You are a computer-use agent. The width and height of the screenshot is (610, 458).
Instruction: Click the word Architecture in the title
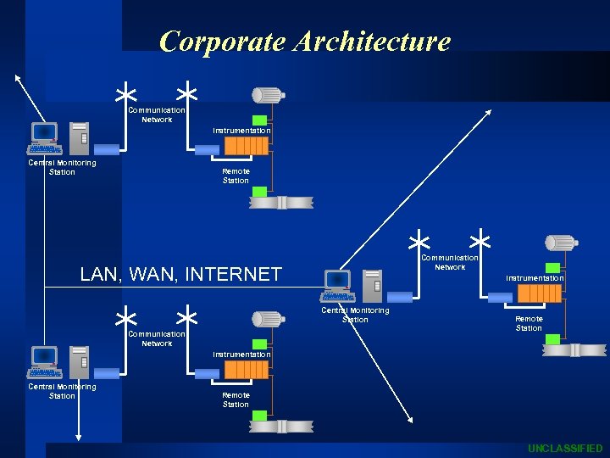click(x=372, y=42)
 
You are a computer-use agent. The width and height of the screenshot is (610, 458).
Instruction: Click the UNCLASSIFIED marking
click(x=565, y=448)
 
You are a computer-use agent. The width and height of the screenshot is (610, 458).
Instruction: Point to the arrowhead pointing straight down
click(x=79, y=436)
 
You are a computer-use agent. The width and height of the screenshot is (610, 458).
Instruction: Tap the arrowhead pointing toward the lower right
click(x=410, y=417)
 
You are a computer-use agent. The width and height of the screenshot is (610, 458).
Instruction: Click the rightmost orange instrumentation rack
click(x=539, y=293)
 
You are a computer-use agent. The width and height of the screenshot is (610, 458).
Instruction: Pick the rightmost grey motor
click(x=561, y=243)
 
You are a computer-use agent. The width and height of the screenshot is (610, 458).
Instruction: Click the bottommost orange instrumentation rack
click(x=246, y=370)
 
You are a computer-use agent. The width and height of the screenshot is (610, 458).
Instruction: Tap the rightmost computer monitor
click(x=338, y=279)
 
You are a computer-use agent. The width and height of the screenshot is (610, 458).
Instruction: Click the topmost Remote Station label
click(x=236, y=176)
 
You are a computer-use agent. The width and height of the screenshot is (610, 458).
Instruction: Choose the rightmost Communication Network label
click(x=450, y=262)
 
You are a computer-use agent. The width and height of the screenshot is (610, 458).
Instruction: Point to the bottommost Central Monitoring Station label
click(x=62, y=391)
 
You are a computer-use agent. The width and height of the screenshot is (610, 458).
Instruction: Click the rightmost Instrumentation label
click(x=535, y=278)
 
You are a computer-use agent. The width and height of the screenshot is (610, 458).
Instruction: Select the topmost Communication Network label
click(x=157, y=114)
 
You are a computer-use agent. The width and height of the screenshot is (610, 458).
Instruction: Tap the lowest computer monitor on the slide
click(x=44, y=355)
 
